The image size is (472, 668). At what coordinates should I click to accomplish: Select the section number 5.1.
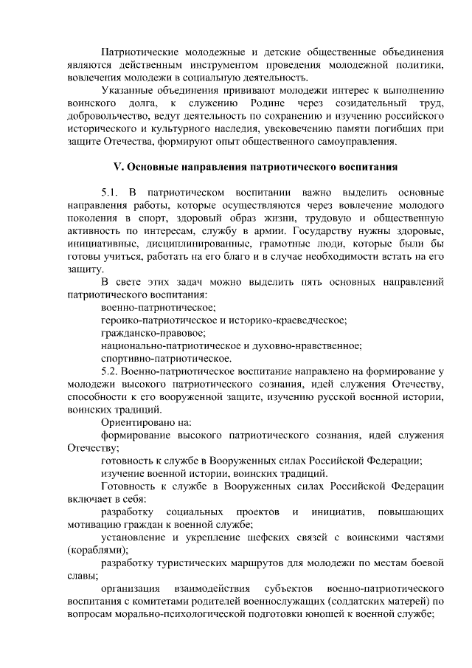tap(110, 191)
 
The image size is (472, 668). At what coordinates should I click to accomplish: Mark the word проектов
tap(256, 512)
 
